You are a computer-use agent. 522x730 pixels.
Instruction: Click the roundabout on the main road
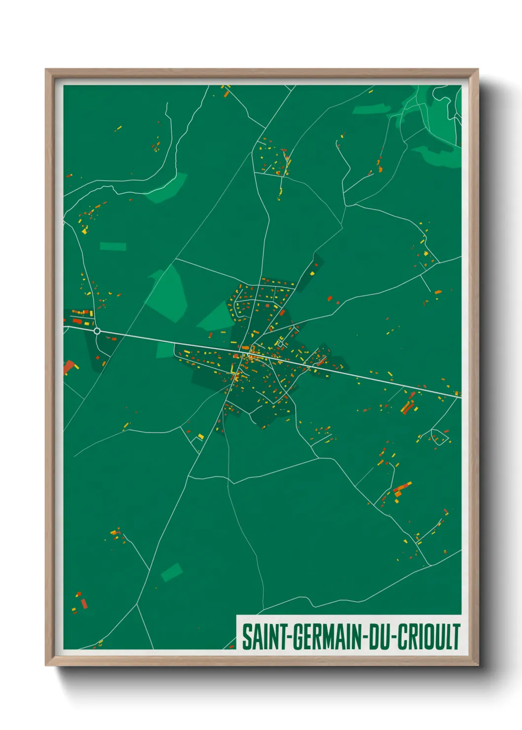coord(97,331)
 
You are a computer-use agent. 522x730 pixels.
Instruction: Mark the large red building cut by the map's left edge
coord(68,367)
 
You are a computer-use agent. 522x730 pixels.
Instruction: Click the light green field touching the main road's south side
coord(166,350)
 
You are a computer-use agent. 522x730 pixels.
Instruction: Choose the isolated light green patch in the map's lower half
coord(171,572)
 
